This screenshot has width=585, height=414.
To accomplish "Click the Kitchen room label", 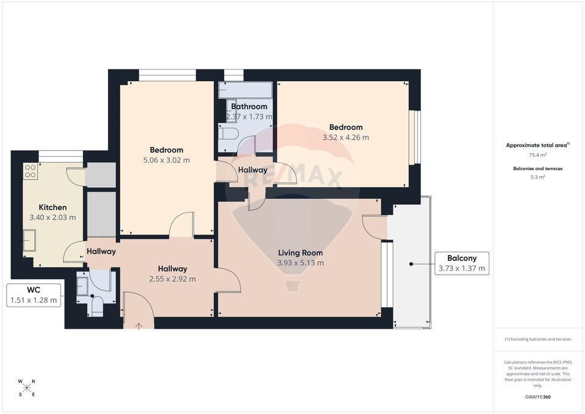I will (52, 207).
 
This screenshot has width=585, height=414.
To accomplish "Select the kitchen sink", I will (30, 240).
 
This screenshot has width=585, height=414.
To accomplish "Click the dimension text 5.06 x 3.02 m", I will (166, 160).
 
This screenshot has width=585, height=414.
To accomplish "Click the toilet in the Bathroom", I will (228, 134).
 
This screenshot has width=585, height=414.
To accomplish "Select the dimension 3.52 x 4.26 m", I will (346, 138).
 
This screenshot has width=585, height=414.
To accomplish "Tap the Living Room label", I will (300, 252).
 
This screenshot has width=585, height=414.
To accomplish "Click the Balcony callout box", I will (461, 263).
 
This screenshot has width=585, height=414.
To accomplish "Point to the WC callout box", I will (34, 294).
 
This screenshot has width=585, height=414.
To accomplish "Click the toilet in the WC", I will (96, 305).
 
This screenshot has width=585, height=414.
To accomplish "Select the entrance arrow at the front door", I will (139, 326).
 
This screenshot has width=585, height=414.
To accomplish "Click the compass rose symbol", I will (27, 388).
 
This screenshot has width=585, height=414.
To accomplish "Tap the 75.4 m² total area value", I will (537, 155).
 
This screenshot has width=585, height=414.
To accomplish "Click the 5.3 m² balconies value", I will (537, 177).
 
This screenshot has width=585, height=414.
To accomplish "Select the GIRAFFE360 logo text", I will (538, 397).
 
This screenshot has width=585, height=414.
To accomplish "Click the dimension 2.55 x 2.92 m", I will (172, 279).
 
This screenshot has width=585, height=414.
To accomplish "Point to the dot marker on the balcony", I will (411, 264).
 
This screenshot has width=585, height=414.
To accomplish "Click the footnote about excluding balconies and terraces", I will (537, 339).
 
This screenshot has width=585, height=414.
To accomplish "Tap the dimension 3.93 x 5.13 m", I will (300, 263).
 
